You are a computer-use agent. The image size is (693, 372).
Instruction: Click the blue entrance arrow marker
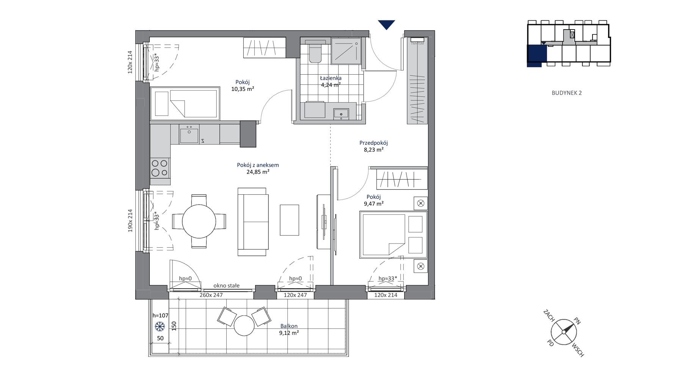click(x=386, y=25)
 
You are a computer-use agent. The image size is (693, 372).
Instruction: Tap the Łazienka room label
click(x=331, y=78)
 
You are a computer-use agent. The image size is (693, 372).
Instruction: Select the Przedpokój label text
click(x=373, y=143)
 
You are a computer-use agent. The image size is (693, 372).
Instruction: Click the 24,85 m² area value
click(x=258, y=172)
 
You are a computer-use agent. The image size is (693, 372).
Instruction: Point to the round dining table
click(x=199, y=222)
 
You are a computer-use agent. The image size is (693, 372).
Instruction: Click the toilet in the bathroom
click(x=315, y=51)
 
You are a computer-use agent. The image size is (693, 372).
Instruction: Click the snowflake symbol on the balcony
click(x=160, y=326)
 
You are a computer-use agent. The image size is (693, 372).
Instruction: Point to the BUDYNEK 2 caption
click(x=566, y=93)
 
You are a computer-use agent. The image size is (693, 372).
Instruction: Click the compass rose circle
click(x=564, y=332)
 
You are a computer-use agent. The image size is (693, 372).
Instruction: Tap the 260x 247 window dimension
click(x=211, y=295)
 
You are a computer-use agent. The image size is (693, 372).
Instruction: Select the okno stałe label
click(x=226, y=286)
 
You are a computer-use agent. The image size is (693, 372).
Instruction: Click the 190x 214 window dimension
click(x=130, y=220)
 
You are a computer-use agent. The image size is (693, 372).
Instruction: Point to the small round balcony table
click(x=244, y=325)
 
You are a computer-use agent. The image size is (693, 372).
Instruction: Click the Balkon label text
click(x=289, y=326)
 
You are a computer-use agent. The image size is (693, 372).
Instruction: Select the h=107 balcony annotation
click(x=160, y=315)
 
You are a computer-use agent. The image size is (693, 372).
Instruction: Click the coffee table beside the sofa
click(x=289, y=220)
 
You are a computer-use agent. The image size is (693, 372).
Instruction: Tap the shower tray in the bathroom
click(x=346, y=51)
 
